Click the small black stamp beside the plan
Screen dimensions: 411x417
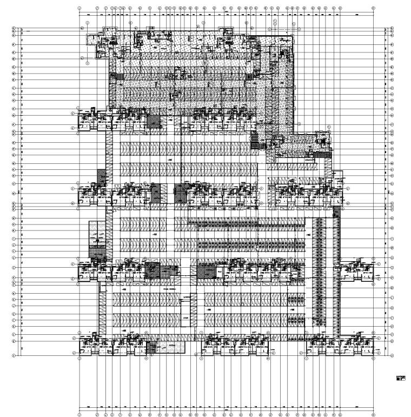(401, 378)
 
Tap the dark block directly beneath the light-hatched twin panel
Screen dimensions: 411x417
(95, 251)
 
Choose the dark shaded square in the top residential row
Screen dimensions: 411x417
(154, 121)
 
